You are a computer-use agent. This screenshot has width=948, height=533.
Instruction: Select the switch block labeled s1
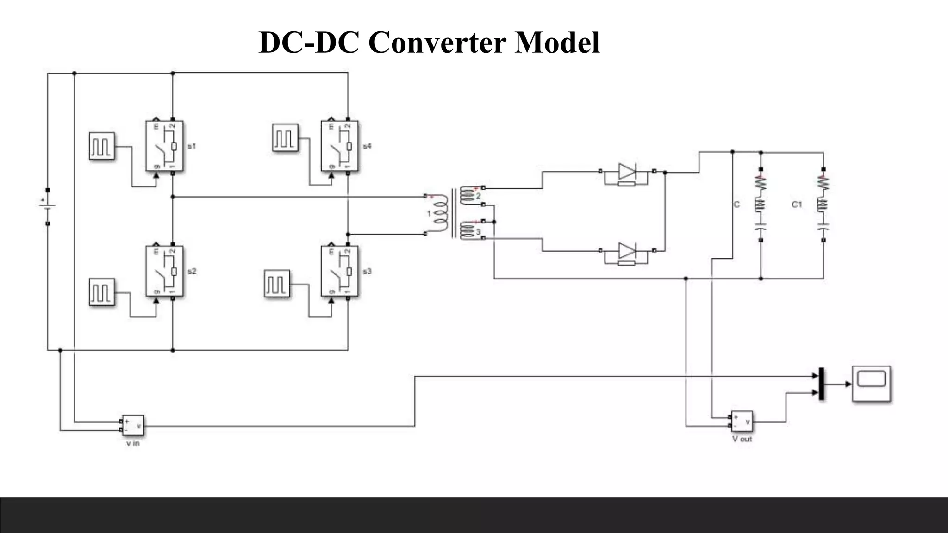[x=164, y=146]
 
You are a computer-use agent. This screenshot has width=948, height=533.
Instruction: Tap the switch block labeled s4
[x=339, y=146]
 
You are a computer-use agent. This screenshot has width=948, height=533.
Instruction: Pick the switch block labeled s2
[x=164, y=271]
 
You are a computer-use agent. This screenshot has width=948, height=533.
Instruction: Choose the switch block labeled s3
[x=339, y=271]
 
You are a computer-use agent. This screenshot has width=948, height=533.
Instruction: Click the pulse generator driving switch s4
[x=285, y=137]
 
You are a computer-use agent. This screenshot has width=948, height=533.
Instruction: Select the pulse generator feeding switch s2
[x=102, y=291]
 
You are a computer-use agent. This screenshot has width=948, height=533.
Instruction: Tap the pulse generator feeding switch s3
[x=277, y=284]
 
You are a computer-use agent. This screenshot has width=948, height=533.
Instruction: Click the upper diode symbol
[x=627, y=172]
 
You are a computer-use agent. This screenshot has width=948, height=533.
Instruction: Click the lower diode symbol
[x=627, y=251]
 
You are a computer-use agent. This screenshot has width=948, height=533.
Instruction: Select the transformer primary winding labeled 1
[x=440, y=214]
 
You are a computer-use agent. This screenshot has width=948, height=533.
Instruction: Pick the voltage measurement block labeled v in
[x=132, y=425]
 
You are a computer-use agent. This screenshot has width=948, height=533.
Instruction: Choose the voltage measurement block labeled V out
[x=742, y=421]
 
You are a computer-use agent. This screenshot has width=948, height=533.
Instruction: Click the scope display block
[x=872, y=384]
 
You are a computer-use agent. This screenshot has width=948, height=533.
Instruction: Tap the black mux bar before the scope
[x=822, y=384]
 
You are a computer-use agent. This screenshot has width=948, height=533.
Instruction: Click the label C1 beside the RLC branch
[x=796, y=205]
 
